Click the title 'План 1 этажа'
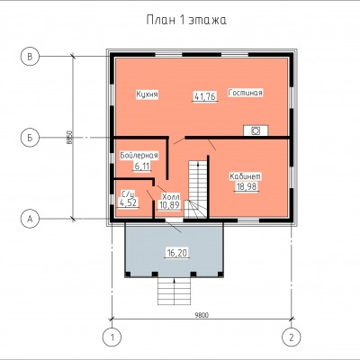pos(186,20)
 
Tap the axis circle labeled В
pos(30,56)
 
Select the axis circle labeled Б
pos(30,138)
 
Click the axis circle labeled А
pos(30,219)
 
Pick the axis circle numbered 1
pos(112,337)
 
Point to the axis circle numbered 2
pos(292,337)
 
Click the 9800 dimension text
pos(202,315)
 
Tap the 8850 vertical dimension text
pos(68,138)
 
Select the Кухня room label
pos(148,94)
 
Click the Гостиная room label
pos(246,93)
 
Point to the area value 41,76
pos(205,96)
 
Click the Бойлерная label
pos(139,156)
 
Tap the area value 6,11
pos(142,166)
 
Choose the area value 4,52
pos(128,202)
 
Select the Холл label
pos(171,197)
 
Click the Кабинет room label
pos(246,176)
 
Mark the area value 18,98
pos(247,186)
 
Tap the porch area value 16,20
pos(177,253)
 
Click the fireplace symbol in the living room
pos(256,130)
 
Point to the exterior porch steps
pos(175,292)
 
